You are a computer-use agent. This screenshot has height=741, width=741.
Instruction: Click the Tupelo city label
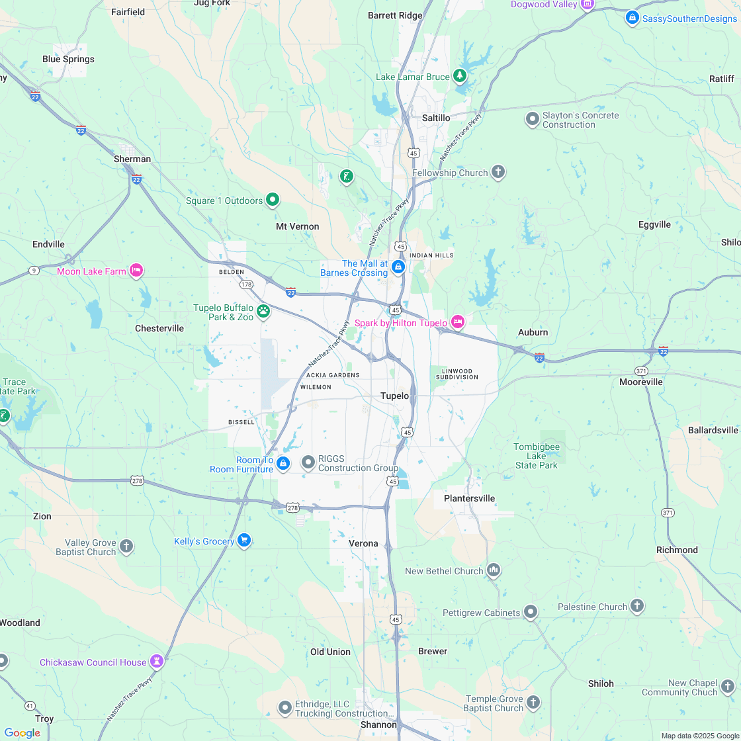(x=394, y=396)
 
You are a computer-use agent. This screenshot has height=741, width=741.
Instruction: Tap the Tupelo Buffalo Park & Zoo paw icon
(x=263, y=310)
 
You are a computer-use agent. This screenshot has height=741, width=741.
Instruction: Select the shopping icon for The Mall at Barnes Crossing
(x=398, y=267)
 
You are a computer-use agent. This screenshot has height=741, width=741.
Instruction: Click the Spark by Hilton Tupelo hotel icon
(x=457, y=322)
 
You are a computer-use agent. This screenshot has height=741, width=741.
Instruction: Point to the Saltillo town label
(x=436, y=118)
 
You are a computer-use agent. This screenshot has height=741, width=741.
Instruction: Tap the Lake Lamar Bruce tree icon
(x=460, y=76)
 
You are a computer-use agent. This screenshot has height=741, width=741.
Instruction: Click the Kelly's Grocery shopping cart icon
(x=244, y=541)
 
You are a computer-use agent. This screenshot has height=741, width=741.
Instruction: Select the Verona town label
(x=363, y=543)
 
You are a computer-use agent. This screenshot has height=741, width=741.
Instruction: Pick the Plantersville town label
(x=469, y=498)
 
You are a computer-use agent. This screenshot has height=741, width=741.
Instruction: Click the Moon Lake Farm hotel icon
(x=136, y=270)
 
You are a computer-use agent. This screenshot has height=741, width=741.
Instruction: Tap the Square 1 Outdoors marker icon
(x=272, y=200)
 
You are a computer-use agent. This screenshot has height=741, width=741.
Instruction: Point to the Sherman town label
(x=132, y=159)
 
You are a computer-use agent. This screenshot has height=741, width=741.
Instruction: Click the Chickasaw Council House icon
(x=157, y=661)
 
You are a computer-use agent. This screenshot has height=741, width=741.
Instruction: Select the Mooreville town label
(x=641, y=382)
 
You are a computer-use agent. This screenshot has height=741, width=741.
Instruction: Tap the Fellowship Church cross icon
(x=498, y=173)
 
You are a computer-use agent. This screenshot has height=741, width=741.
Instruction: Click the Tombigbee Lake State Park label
(x=537, y=456)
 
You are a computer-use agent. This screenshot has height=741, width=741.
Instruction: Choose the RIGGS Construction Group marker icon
(x=308, y=462)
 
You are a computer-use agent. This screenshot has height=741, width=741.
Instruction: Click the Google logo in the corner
(x=22, y=732)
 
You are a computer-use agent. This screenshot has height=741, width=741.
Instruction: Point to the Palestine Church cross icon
(x=637, y=606)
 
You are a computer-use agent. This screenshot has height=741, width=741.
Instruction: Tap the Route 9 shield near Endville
(x=34, y=270)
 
